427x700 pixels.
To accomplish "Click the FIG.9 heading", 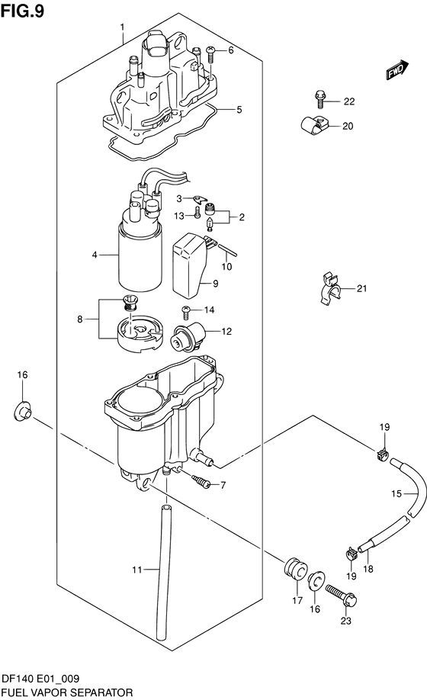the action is [x=22, y=10].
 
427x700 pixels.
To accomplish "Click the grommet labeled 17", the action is [x=294, y=569].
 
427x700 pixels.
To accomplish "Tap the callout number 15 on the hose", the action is [x=396, y=494].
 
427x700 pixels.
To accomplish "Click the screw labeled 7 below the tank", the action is [x=201, y=481].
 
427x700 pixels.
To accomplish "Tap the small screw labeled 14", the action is [x=187, y=310].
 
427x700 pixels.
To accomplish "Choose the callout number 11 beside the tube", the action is [x=136, y=570].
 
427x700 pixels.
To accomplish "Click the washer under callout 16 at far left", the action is [x=22, y=411].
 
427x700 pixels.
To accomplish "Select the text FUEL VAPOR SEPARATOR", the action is [x=67, y=692].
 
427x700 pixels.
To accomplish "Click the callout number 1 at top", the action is [x=122, y=27].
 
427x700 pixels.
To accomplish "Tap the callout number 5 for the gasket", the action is [x=239, y=109].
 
